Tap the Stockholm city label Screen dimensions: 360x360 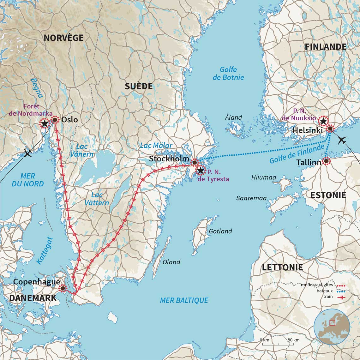169,159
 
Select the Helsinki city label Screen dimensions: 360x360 307,130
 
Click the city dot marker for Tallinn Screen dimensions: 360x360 326,161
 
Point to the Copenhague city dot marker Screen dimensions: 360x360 63,288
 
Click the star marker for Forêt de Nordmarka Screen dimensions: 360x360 45,123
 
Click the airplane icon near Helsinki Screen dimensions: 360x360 342,140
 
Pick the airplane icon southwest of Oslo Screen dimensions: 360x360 28,154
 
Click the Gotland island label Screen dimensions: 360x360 220,231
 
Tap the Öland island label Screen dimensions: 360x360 171,262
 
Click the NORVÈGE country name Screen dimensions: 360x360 63,38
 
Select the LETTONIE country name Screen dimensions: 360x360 282,267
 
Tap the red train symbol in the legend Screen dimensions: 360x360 341,297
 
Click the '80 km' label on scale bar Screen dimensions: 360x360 293,340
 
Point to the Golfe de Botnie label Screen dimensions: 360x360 228,73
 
